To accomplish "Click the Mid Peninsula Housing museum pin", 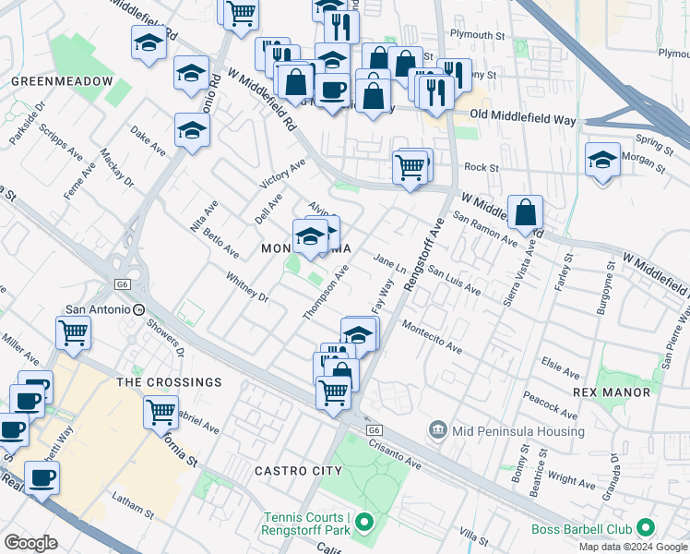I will coord(437,430).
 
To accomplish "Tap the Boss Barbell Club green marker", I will coord(646,529).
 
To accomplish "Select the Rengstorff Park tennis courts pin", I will coord(364,524).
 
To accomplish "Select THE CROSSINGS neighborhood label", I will coord(169,381).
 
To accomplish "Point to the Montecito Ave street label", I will coord(432,336).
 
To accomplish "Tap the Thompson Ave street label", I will coord(327,294).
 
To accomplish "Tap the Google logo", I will coord(30,543).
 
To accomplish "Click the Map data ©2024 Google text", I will coord(632,546).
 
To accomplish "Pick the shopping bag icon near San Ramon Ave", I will coord(525,213).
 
